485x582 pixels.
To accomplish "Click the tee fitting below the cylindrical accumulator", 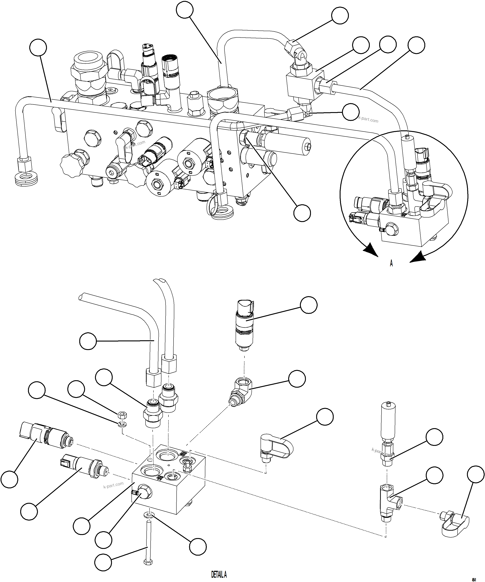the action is coord(390,499).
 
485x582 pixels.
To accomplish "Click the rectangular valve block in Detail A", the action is coord(169,484).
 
